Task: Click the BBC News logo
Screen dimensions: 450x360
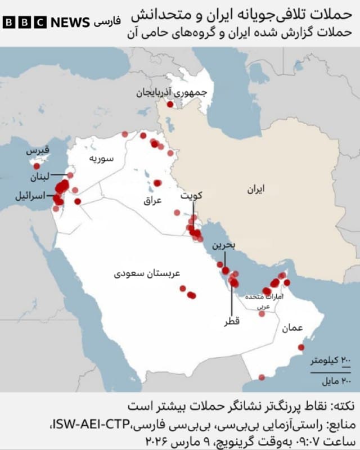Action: [x=46, y=22]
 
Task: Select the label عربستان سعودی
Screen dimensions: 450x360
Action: [x=147, y=274]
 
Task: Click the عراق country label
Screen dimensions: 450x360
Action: [x=152, y=200]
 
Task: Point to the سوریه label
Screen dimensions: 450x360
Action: [x=102, y=159]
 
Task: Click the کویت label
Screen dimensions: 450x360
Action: [x=192, y=196]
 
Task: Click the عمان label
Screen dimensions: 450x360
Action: [x=293, y=327]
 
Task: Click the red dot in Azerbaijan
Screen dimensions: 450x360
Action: [x=170, y=104]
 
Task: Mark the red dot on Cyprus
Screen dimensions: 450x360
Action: [x=37, y=166]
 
